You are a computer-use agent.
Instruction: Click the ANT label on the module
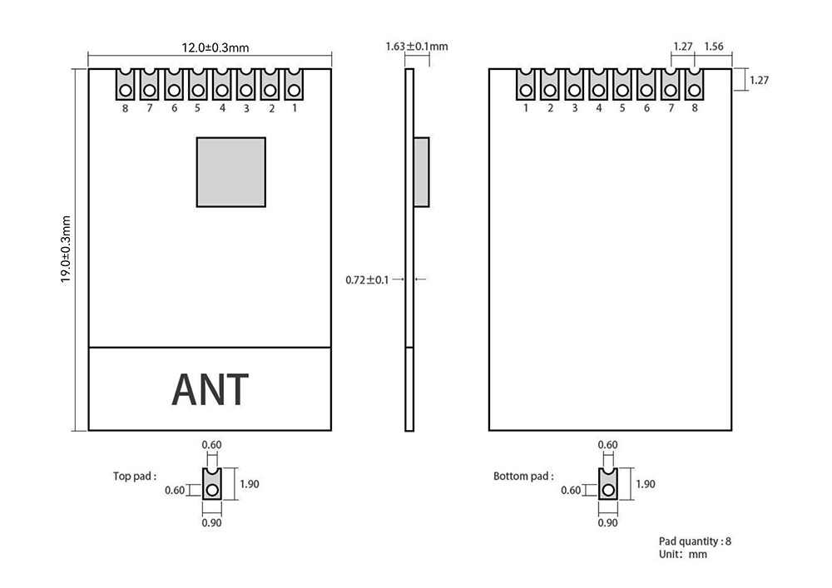coord(210,389)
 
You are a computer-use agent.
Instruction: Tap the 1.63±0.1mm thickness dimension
coord(416,47)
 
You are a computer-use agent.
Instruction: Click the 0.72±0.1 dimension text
coord(367,279)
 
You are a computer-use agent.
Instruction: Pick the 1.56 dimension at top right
coord(714,47)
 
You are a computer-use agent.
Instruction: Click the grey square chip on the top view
coord(231,172)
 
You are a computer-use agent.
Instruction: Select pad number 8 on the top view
coord(125,84)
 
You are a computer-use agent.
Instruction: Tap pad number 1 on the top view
coord(295,84)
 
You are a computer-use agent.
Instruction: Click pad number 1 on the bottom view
coord(526,84)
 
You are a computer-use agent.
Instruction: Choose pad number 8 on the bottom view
coord(695,84)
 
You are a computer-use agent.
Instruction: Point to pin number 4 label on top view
coord(222,108)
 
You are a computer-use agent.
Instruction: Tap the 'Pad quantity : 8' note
coord(695,541)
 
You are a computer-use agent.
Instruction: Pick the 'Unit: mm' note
coord(682,554)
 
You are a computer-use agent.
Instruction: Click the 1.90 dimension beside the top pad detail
coord(250,483)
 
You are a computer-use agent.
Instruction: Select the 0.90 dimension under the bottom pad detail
coord(607,523)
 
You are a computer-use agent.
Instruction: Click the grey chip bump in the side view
coord(423,172)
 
